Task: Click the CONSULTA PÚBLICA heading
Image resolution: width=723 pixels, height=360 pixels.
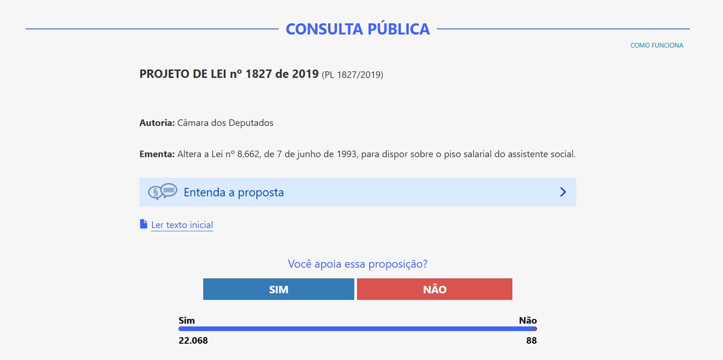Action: click(x=358, y=29)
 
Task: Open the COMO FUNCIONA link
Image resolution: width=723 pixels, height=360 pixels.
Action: click(x=657, y=45)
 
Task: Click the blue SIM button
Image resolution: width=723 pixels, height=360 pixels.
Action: click(x=279, y=289)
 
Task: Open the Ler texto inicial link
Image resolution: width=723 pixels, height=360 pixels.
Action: click(x=182, y=225)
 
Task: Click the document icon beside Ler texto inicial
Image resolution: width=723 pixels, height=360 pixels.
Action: click(x=144, y=224)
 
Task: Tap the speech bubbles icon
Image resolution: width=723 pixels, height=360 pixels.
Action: click(x=163, y=192)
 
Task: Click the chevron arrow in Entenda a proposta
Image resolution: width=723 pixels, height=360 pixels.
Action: click(x=563, y=192)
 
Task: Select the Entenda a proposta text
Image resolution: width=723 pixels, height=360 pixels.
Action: click(x=234, y=193)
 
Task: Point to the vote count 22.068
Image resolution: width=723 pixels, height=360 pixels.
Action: click(x=193, y=340)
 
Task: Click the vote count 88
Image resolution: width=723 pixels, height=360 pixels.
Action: click(x=531, y=340)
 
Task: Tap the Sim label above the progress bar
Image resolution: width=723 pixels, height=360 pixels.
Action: click(x=187, y=320)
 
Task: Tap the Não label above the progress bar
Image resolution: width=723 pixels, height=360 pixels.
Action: click(x=528, y=320)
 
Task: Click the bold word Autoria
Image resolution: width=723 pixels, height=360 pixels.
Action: click(x=157, y=123)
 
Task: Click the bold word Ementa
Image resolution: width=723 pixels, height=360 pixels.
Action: click(x=157, y=154)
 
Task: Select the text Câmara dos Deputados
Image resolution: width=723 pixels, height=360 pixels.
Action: click(x=225, y=123)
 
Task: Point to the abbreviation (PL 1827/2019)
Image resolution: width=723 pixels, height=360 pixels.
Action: click(x=352, y=75)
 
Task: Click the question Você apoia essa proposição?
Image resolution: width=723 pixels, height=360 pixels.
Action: click(x=358, y=264)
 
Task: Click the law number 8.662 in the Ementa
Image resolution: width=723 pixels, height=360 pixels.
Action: click(x=248, y=154)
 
